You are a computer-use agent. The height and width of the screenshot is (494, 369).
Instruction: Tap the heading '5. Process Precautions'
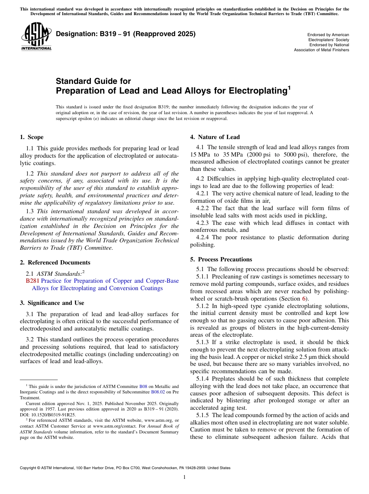(x=221, y=259)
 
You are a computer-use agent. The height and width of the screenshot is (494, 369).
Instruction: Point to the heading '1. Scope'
(x=31, y=137)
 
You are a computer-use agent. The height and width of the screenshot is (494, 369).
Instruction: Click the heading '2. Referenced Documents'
(x=55, y=263)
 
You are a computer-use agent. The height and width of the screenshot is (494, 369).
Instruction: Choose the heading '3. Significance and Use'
(x=52, y=303)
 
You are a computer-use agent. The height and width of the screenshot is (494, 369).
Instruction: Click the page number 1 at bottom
(x=184, y=477)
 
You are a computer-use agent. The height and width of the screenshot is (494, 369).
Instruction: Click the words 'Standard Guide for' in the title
(x=93, y=81)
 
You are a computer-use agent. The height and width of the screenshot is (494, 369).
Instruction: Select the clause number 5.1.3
(x=204, y=343)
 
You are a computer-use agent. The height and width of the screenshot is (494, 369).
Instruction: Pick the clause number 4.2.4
(x=204, y=238)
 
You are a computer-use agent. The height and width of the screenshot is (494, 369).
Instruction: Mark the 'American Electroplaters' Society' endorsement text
(x=329, y=37)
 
